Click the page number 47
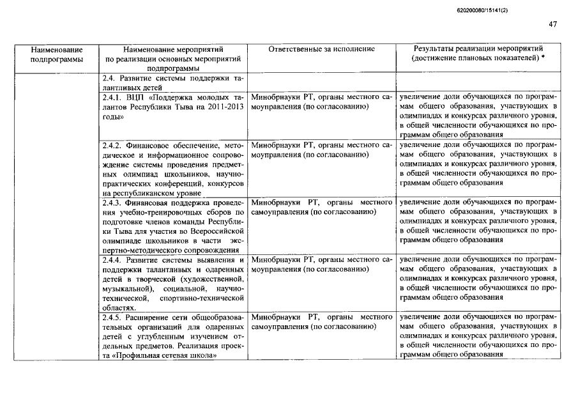point(552,25)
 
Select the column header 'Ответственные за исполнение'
point(322,49)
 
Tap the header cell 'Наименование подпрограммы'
point(57,54)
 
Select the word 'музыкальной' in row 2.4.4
point(123,289)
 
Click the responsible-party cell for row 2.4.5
point(322,322)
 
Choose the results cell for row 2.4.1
point(478,116)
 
